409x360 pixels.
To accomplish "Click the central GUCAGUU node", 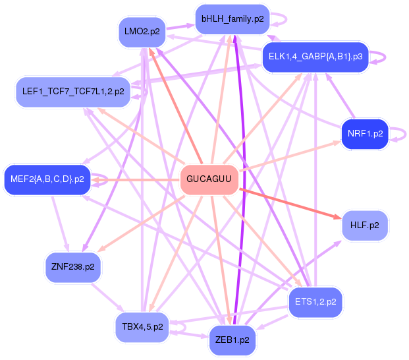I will coord(209,179).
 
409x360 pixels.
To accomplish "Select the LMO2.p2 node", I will coord(141,31).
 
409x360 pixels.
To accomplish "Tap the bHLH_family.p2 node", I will coord(232,19).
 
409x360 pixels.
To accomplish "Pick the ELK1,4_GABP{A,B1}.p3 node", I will coord(315,57).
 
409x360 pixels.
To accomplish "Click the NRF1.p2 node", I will coord(364,134).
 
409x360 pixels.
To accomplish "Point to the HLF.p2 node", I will coord(364,225).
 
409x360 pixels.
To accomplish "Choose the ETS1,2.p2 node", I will coord(315,302).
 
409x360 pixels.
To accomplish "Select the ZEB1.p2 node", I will coord(232,340).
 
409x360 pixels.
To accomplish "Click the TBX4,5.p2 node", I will coord(142,327).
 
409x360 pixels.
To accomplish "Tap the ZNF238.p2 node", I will coord(72,267).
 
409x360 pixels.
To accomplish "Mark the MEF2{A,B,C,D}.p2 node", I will coord(47,179).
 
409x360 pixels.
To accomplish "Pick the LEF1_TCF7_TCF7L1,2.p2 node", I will coord(73,92).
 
